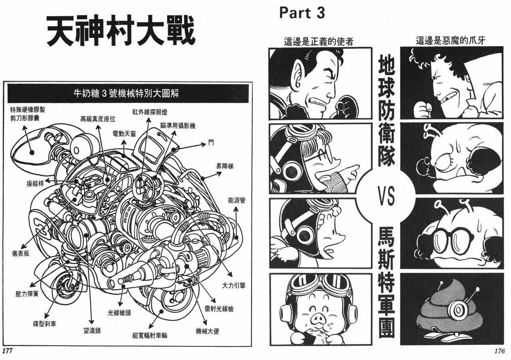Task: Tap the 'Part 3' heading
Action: [x=302, y=13]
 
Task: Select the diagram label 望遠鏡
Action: [x=92, y=331]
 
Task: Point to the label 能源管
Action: [x=237, y=201]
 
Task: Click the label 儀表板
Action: [x=20, y=253]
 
